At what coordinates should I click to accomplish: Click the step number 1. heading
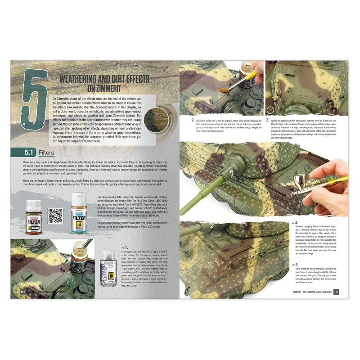click(x=126, y=248)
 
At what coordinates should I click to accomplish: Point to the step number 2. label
click(x=193, y=120)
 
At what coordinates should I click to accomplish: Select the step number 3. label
click(x=267, y=120)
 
